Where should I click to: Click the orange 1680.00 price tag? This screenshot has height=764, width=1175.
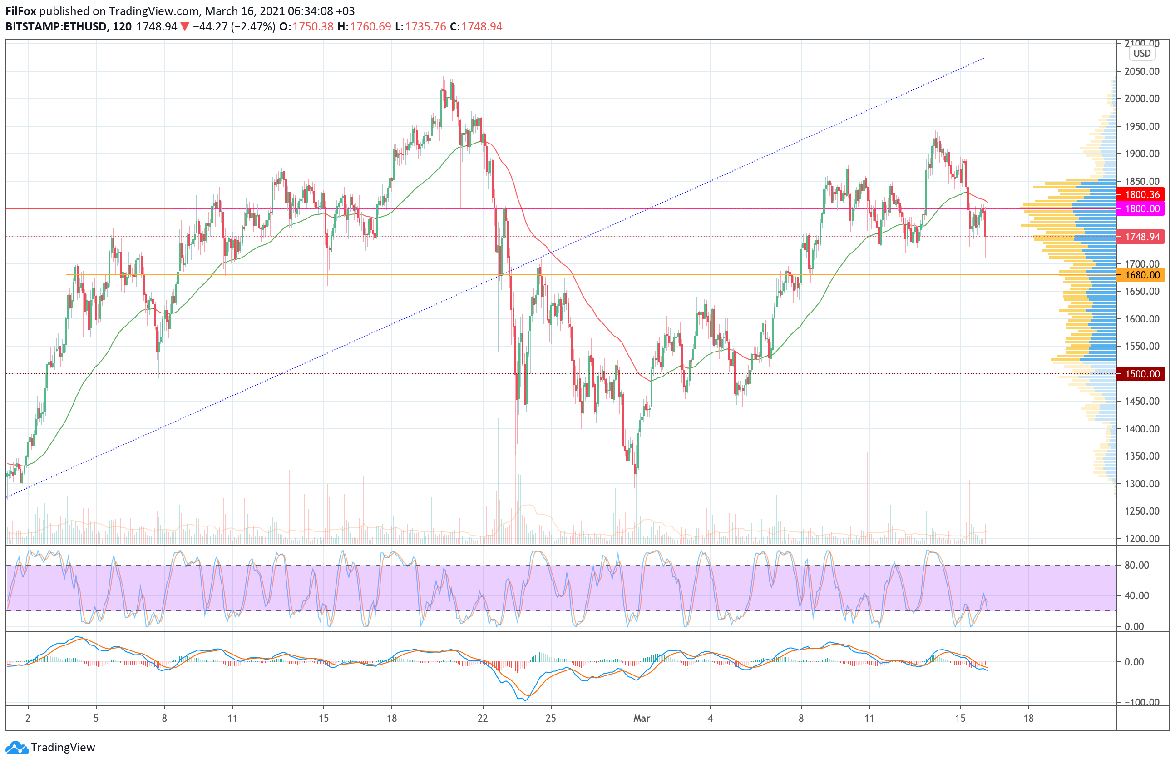click(1141, 275)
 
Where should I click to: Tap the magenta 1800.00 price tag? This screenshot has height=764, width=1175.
click(1141, 208)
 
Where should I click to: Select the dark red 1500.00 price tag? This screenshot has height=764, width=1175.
click(1141, 374)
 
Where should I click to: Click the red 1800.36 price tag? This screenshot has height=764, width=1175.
click(1141, 194)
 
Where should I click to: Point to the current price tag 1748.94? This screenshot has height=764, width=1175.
click(1141, 237)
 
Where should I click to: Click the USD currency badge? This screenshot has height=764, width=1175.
click(1141, 53)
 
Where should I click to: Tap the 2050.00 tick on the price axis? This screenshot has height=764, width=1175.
click(1142, 72)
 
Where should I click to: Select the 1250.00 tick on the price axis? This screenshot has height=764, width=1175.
click(1142, 511)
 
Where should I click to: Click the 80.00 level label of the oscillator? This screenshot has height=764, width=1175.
click(1136, 565)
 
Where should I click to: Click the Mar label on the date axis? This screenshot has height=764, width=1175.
click(642, 718)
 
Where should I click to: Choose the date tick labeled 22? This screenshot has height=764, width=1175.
click(482, 718)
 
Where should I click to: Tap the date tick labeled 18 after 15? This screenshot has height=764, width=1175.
click(1028, 718)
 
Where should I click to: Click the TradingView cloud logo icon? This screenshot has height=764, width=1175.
click(17, 748)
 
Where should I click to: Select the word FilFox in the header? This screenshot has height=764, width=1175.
click(21, 11)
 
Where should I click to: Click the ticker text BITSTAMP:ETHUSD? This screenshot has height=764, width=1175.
click(56, 27)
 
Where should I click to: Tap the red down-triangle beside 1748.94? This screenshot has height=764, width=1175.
click(184, 27)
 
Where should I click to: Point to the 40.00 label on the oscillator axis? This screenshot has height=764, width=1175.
click(1136, 595)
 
